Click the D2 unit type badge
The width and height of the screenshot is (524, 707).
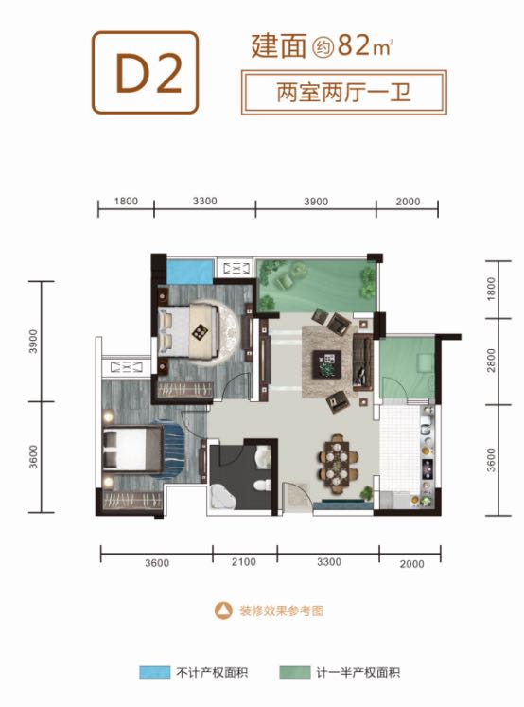coord(145,72)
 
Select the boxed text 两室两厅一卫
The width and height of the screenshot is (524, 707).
coord(343,93)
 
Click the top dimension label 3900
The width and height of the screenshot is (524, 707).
coord(315,201)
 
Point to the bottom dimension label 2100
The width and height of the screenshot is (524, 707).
coord(244,562)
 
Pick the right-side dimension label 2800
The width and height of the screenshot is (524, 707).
coord(491,361)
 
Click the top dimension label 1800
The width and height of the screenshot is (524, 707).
coord(126,201)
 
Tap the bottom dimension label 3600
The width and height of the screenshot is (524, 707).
coord(157,563)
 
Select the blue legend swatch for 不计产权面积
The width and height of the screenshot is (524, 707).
coord(154,672)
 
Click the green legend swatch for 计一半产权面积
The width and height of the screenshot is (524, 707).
coord(295,672)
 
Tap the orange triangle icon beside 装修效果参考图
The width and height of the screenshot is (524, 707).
coord(223,610)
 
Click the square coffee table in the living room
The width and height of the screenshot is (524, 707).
coord(327,364)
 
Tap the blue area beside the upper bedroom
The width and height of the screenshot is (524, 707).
coord(190,272)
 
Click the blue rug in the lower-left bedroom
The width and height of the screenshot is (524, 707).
coord(169,449)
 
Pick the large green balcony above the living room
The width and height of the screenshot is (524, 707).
coord(317,286)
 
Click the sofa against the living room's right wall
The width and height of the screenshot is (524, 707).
coord(363,362)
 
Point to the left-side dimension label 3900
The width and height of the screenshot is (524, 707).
coord(33,342)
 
